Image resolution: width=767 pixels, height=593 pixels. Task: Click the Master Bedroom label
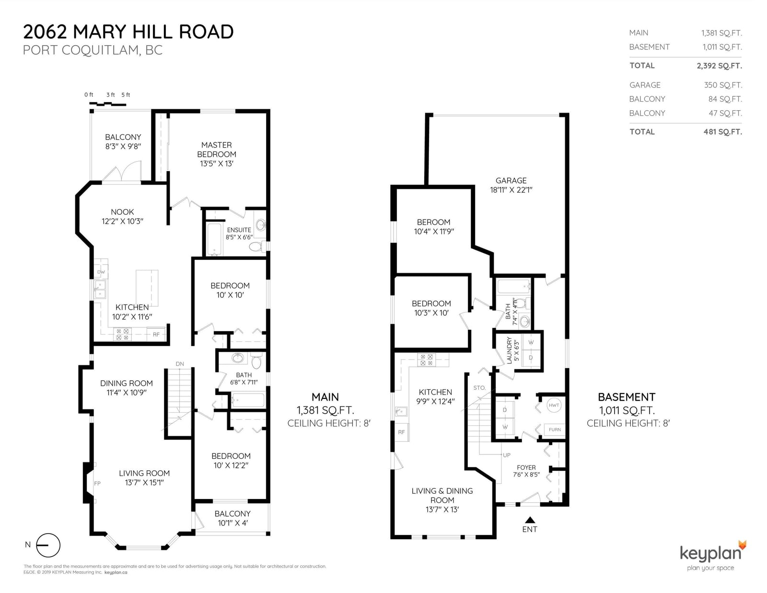pyautogui.click(x=217, y=154)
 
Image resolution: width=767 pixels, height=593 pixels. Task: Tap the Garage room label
pyautogui.click(x=511, y=180)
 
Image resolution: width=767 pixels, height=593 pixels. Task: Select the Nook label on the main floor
pyautogui.click(x=122, y=212)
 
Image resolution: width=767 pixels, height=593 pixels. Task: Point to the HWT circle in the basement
pyautogui.click(x=554, y=405)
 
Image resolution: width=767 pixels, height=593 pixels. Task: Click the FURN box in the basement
pyautogui.click(x=555, y=430)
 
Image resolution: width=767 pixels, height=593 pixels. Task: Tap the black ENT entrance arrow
pyautogui.click(x=530, y=520)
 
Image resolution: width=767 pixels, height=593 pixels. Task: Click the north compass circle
pyautogui.click(x=48, y=546)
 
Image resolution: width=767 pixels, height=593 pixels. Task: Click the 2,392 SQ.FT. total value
pyautogui.click(x=719, y=66)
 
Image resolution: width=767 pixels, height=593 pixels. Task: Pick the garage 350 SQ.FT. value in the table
pyautogui.click(x=723, y=85)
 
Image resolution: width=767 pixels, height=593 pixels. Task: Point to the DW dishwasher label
pyautogui.click(x=101, y=272)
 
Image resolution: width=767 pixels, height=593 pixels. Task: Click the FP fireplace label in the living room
pyautogui.click(x=97, y=484)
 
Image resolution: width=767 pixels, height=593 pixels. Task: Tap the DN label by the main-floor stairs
pyautogui.click(x=180, y=364)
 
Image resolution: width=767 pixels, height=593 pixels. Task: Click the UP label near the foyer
pyautogui.click(x=507, y=455)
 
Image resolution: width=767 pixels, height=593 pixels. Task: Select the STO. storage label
pyautogui.click(x=479, y=388)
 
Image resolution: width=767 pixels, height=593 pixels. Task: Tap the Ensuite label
pyautogui.click(x=239, y=230)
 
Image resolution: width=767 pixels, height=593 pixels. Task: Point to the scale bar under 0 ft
pyautogui.click(x=108, y=104)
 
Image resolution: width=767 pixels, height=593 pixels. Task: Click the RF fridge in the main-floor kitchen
pyautogui.click(x=156, y=335)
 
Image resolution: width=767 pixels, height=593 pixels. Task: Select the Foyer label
pyautogui.click(x=526, y=467)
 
